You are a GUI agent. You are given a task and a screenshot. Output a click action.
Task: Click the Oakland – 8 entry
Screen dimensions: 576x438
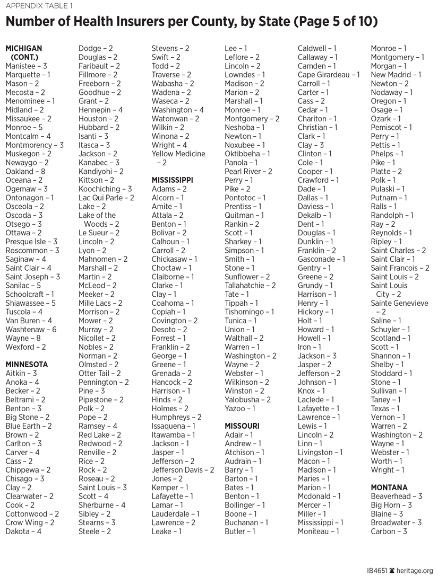coord(25,172)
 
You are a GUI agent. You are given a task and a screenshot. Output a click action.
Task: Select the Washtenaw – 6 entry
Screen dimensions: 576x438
coord(31,330)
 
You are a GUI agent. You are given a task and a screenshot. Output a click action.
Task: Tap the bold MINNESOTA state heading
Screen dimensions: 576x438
coord(27,365)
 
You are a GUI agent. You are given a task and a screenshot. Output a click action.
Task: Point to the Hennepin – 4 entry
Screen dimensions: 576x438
coord(101,110)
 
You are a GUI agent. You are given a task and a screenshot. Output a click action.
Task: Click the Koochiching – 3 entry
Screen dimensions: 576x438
coord(105,189)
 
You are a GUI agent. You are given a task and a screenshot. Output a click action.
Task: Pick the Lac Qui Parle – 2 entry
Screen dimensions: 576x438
coord(106,198)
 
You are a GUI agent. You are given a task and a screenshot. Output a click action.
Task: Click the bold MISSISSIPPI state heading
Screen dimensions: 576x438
coord(172,180)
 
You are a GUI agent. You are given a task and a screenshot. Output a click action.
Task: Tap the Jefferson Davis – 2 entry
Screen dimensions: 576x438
coord(183,470)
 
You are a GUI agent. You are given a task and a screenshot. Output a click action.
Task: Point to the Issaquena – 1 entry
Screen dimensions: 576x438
coord(174,426)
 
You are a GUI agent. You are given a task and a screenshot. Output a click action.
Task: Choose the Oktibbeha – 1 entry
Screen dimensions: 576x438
coord(247,154)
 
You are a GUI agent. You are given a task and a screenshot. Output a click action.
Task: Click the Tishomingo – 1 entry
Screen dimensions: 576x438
coord(249,312)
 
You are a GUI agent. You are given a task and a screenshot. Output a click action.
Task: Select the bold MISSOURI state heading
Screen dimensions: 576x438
coord(242,426)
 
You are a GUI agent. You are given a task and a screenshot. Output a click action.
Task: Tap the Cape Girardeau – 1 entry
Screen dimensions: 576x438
coord(329,75)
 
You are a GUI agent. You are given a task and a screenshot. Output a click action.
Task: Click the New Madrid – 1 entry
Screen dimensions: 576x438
coord(396,75)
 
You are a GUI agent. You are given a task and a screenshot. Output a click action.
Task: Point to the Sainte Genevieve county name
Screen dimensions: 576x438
coord(399,303)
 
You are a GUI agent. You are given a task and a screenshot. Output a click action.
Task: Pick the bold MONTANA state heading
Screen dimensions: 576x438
coord(389,488)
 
